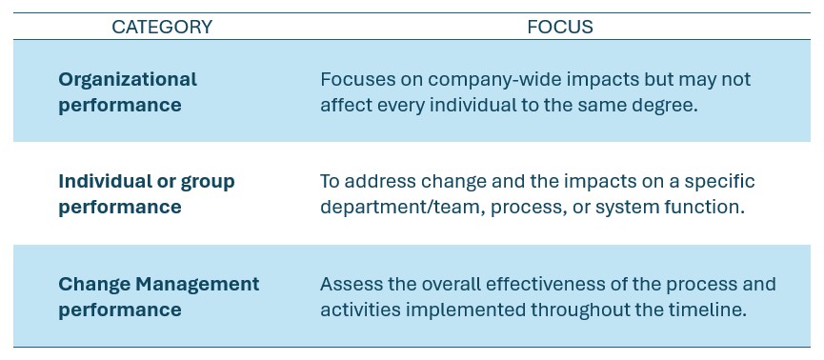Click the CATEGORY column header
click(x=162, y=28)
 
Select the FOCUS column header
click(x=559, y=28)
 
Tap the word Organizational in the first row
click(x=128, y=79)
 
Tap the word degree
click(x=668, y=105)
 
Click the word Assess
click(x=350, y=284)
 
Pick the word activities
click(x=359, y=310)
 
